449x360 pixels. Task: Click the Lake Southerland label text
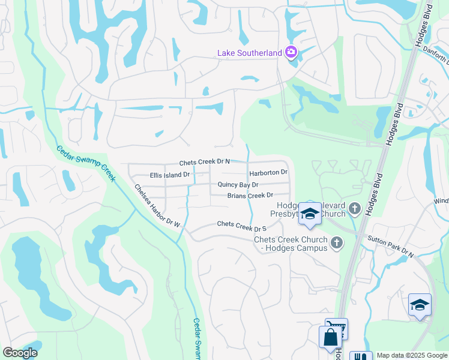pyautogui.click(x=249, y=53)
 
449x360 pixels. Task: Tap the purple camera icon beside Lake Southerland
pyautogui.click(x=291, y=52)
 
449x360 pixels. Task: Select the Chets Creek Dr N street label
pyautogui.click(x=205, y=163)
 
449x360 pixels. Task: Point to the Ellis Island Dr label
pyautogui.click(x=169, y=175)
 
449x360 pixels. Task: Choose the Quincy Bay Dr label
pyautogui.click(x=238, y=185)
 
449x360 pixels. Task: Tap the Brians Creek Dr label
pyautogui.click(x=250, y=196)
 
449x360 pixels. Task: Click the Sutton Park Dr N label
pyautogui.click(x=391, y=247)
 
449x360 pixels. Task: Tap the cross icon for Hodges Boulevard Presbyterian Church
pyautogui.click(x=355, y=209)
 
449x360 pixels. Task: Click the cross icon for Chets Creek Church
pyautogui.click(x=337, y=242)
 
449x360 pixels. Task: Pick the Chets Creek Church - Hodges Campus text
pyautogui.click(x=291, y=244)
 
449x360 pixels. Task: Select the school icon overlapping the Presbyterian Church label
pyautogui.click(x=310, y=213)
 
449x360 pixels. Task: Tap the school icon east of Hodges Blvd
pyautogui.click(x=420, y=304)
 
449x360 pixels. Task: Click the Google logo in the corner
pyautogui.click(x=20, y=353)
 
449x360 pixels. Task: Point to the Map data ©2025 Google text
pyautogui.click(x=411, y=355)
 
